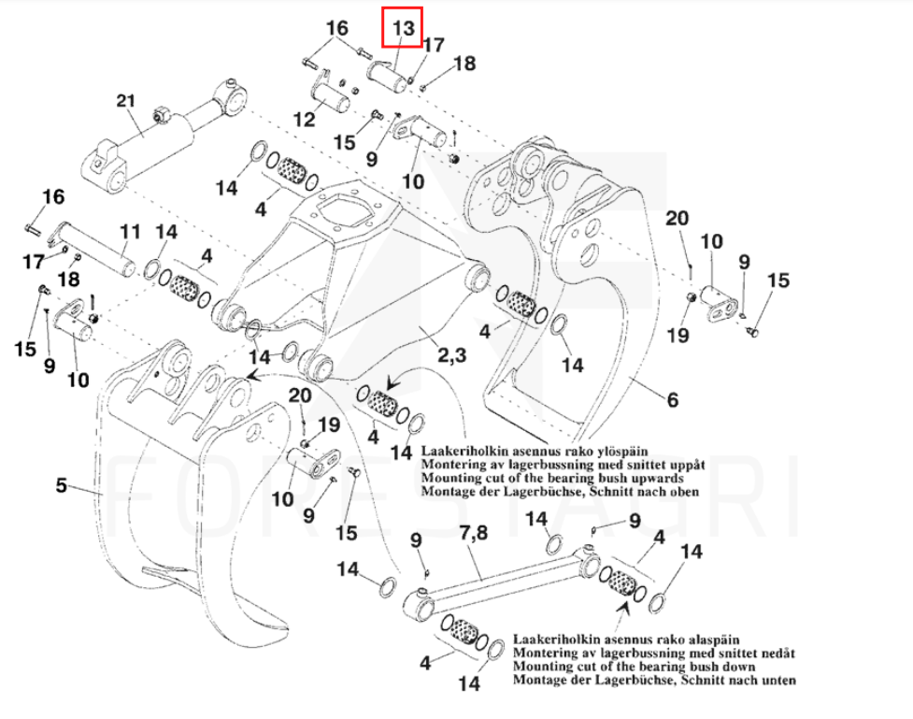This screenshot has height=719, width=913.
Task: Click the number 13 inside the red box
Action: [403, 28]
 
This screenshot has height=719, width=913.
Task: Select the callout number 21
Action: [126, 101]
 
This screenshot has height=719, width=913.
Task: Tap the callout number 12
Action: [305, 120]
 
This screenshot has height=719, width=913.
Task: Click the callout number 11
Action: [128, 231]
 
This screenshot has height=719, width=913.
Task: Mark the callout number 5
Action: [62, 485]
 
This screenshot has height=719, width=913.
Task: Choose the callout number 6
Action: [672, 400]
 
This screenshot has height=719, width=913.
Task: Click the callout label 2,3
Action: [451, 355]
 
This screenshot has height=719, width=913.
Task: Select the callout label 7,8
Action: [474, 535]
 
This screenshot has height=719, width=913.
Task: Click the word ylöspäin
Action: [621, 452]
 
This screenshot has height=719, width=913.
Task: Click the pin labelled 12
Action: [328, 95]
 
